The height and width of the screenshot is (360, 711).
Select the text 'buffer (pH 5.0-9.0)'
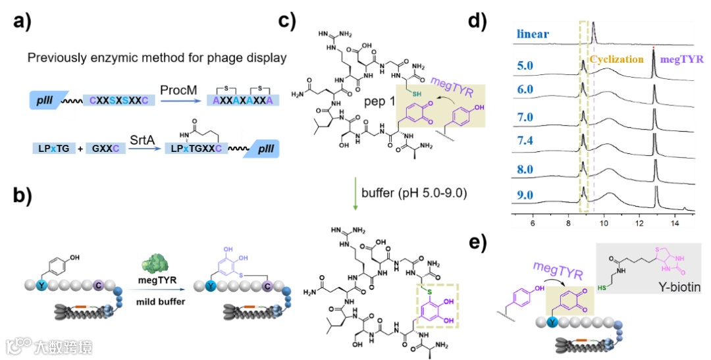pyautogui.click(x=405, y=192)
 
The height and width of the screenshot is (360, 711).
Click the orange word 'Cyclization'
pyautogui.click(x=616, y=59)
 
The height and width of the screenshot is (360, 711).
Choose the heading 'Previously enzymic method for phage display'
pyautogui.click(x=157, y=58)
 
